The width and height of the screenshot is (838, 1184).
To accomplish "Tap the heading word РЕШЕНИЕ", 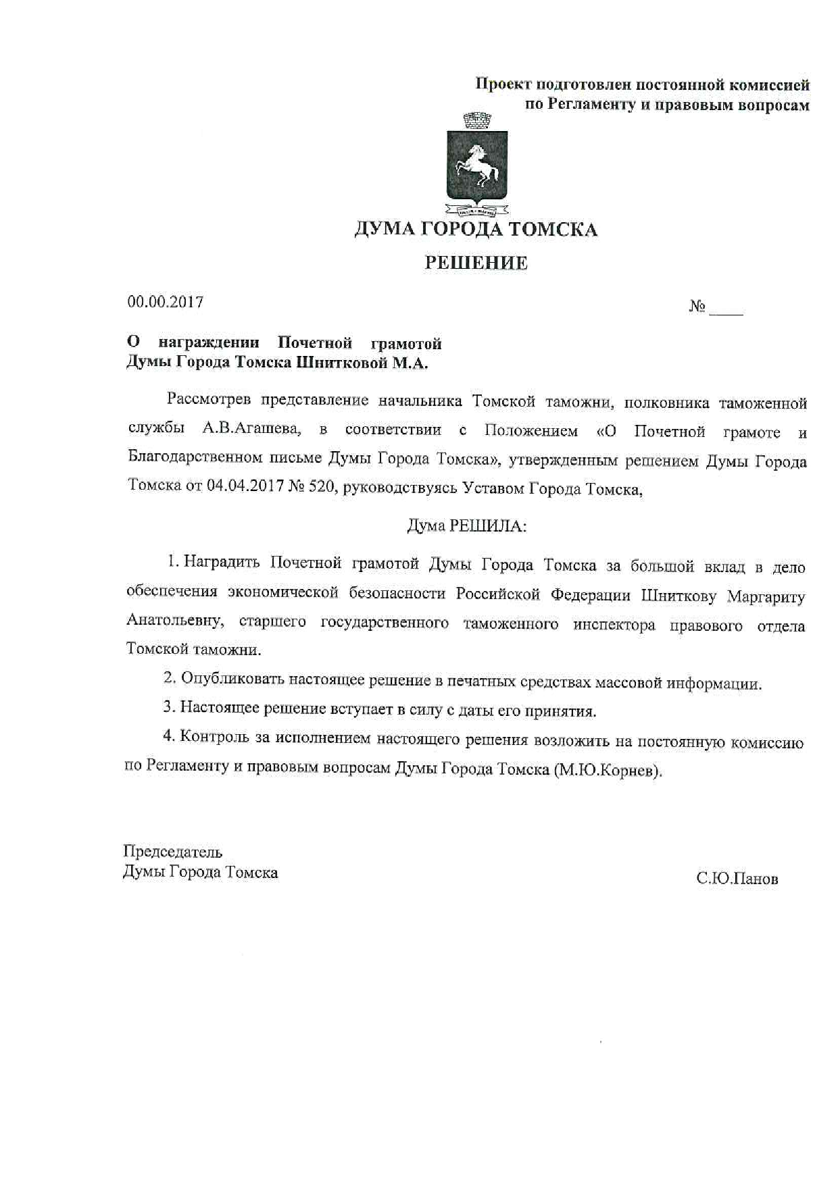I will [x=476, y=263].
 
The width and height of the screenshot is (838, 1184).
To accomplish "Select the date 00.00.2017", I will [x=166, y=302].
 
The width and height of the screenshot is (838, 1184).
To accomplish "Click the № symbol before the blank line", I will [x=697, y=307].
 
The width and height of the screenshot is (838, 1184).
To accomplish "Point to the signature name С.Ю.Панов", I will [x=737, y=879].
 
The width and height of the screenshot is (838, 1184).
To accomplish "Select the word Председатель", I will [x=172, y=852].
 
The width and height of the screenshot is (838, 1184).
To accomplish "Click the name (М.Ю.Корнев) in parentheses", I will [x=607, y=771].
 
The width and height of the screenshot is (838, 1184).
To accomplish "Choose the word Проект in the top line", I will [x=503, y=84].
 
